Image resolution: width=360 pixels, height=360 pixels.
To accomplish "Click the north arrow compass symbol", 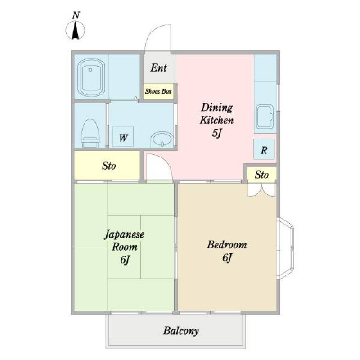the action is click(75, 31).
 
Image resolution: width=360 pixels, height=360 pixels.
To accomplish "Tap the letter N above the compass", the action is click(76, 15).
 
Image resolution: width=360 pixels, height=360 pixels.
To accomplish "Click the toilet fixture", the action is click(90, 133).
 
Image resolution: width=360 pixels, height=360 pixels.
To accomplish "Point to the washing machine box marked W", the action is click(123, 136).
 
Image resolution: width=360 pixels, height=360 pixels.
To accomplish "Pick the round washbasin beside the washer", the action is click(162, 139).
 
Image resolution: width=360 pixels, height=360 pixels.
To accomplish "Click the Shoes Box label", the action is click(158, 91).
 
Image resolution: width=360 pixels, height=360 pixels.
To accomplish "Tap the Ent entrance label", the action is click(159, 68).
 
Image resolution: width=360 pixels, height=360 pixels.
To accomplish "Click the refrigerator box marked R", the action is click(264, 149).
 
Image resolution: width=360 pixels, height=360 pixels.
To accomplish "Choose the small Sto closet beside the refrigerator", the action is click(262, 175).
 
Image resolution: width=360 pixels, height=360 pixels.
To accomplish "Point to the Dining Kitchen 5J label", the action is click(216, 120).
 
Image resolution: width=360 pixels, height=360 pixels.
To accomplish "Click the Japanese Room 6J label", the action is click(124, 247).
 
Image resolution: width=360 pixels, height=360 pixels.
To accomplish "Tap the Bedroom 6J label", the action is click(227, 251).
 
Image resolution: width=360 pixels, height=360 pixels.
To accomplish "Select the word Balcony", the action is click(181, 331).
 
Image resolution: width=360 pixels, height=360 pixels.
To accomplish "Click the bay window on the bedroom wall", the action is click(286, 248).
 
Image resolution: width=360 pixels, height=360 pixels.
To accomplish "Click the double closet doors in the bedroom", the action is click(262, 190).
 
